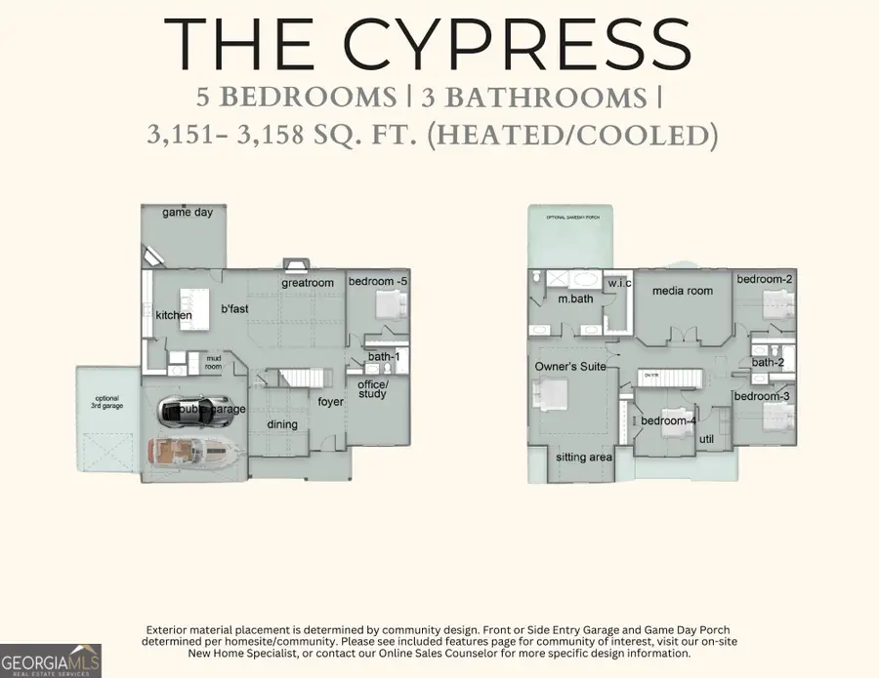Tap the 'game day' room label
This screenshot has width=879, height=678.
(188, 212)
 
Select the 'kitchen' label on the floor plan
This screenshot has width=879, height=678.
(174, 315)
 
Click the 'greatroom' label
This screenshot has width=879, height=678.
(308, 283)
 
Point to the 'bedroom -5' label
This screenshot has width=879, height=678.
(378, 281)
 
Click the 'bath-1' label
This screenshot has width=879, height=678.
(384, 357)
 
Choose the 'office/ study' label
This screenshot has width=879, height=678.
(372, 389)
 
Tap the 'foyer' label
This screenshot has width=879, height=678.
(330, 401)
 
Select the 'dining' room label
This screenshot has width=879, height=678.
(282, 424)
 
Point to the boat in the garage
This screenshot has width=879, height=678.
(193, 451)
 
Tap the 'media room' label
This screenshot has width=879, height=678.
(682, 291)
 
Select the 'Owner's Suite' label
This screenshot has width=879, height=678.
(570, 366)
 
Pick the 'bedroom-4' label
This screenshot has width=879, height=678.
(669, 420)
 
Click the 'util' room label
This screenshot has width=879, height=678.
(707, 439)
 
